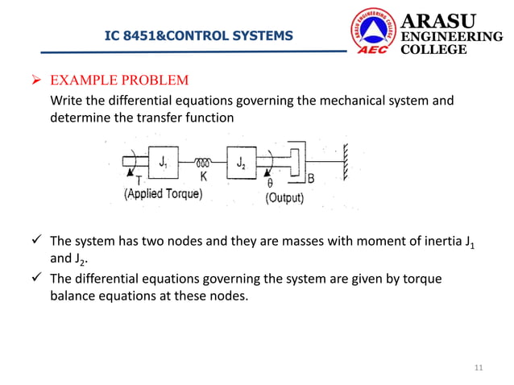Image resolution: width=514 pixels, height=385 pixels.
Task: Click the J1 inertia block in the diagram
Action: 164,164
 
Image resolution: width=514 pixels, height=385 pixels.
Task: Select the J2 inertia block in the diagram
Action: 242,164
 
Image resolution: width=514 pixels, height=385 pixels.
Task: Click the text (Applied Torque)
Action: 163,195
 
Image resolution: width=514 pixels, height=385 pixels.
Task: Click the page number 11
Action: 479,369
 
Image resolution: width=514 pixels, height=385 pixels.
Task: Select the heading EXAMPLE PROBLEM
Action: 119,81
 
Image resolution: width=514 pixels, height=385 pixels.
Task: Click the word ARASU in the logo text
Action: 437,20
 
